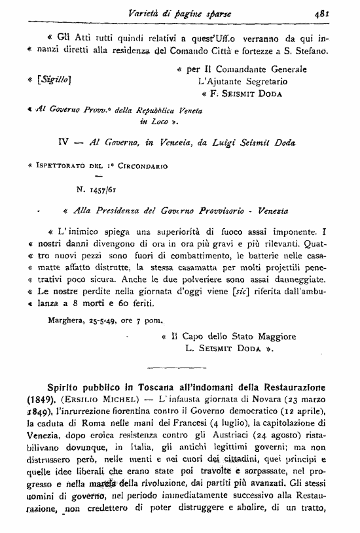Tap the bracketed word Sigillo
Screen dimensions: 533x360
pos(57,79)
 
